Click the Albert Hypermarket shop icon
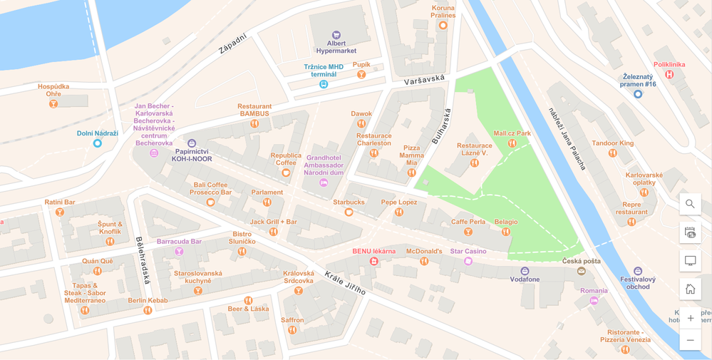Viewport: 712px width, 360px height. point(336,35)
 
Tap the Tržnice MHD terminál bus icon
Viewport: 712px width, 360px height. point(324,84)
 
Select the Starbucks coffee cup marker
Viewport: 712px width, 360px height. point(349,212)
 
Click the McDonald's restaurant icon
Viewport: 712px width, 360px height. point(424,261)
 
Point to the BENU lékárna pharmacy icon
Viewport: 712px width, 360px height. point(373,261)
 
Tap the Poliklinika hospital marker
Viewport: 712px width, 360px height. point(669,74)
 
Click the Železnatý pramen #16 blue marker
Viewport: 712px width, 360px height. point(638,94)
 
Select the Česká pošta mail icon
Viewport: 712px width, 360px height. point(582,271)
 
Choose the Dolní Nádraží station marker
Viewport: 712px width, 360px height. point(98,143)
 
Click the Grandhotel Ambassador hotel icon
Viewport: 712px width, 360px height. point(324,183)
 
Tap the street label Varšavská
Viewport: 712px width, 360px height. point(424,80)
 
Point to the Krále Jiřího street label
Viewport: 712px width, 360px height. point(345,282)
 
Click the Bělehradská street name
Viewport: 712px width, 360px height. point(143,260)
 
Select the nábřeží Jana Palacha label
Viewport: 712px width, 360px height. point(567,139)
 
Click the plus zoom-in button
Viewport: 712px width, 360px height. point(690,318)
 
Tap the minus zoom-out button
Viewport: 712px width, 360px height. point(690,340)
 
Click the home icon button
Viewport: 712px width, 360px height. point(690,289)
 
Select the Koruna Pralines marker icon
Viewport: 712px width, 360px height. point(443,26)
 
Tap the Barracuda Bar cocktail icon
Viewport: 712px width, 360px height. point(179,251)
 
